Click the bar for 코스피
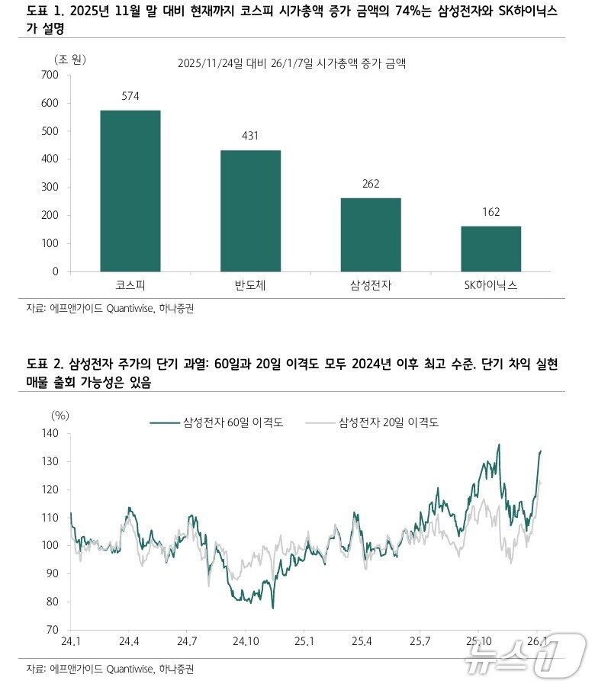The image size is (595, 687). (130, 191)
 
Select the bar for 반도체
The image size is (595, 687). (251, 210)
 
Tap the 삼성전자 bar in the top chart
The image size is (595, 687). (371, 234)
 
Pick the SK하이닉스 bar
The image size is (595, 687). (491, 249)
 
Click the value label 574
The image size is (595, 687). (130, 96)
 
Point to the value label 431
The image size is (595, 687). (251, 136)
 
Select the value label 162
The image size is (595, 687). (491, 212)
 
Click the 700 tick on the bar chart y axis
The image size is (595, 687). (50, 75)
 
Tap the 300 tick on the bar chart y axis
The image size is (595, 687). (50, 188)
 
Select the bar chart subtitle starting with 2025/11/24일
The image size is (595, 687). (291, 64)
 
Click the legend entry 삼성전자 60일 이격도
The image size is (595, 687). (217, 422)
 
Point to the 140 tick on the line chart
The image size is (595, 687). (50, 433)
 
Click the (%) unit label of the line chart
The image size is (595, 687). (59, 416)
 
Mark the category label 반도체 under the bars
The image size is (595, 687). (251, 286)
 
